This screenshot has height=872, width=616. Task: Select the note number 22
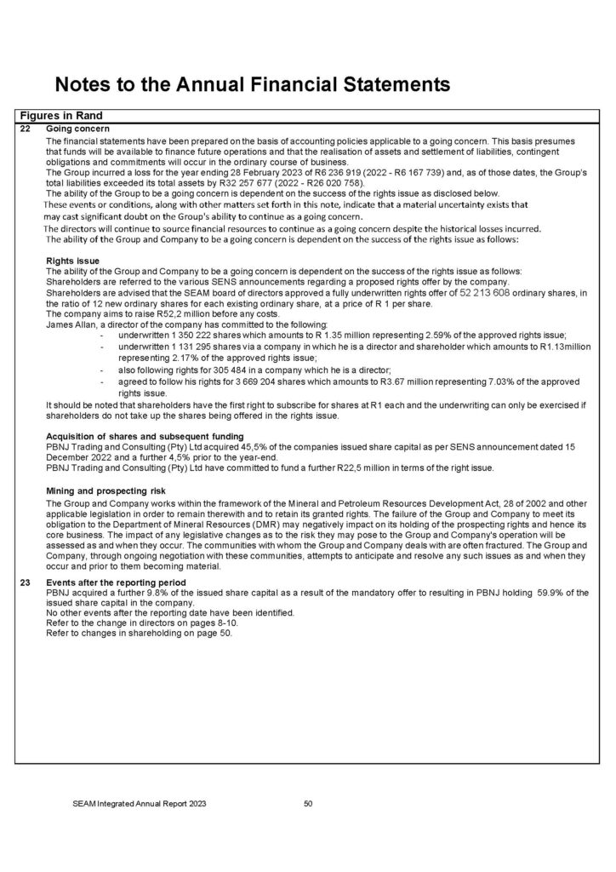[24, 129]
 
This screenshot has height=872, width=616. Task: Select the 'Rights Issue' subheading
[72, 260]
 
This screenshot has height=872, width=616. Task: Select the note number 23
[24, 582]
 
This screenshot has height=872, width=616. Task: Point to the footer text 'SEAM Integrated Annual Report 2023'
[139, 803]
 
